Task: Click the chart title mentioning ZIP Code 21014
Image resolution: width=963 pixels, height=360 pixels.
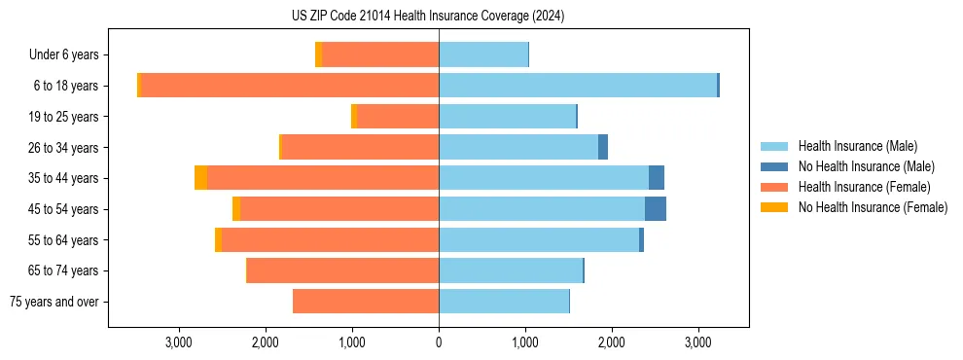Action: point(428,17)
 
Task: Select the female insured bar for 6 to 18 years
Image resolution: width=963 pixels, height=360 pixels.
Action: point(290,86)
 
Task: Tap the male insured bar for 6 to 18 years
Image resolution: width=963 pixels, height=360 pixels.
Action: point(578,86)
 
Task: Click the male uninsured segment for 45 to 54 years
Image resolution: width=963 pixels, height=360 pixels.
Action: point(656,209)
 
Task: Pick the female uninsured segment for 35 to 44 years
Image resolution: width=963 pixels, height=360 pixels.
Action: point(200,178)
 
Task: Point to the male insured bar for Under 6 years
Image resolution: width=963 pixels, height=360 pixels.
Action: point(483,54)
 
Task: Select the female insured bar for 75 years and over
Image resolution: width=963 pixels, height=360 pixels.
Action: point(366,302)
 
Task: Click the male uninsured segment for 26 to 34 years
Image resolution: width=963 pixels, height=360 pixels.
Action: point(603,147)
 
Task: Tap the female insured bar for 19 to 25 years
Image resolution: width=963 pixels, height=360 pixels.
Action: point(398,117)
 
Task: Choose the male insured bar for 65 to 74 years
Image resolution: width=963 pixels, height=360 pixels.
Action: point(511,270)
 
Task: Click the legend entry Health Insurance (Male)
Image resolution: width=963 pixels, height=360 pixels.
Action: point(857,146)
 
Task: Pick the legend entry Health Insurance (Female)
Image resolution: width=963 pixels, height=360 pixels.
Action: point(864,187)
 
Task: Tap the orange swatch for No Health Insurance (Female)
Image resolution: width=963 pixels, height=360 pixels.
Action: point(775,207)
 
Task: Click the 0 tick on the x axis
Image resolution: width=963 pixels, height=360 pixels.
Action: point(439,342)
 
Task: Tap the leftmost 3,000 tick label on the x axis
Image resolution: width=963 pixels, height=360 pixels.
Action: point(179,342)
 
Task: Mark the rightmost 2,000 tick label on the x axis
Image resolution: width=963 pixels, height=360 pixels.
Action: point(612,342)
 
